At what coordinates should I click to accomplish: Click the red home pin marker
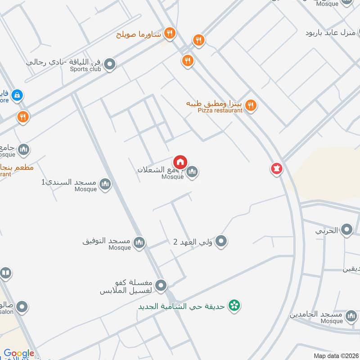[180, 162]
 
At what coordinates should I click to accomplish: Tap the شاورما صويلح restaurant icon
[170, 32]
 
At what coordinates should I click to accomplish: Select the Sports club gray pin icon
[109, 66]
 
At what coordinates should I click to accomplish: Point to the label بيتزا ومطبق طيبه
[215, 104]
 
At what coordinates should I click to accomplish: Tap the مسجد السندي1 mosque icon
[105, 184]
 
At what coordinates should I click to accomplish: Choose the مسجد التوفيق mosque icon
[139, 243]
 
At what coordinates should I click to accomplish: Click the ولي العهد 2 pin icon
[220, 242]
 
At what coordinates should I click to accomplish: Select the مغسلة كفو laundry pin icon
[161, 285]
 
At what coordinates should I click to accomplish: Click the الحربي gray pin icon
[346, 230]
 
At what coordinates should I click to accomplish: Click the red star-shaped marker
[276, 169]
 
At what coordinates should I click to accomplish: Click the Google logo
[19, 354]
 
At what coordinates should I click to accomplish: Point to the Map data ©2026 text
[335, 355]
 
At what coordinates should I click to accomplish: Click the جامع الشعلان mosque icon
[193, 171]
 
